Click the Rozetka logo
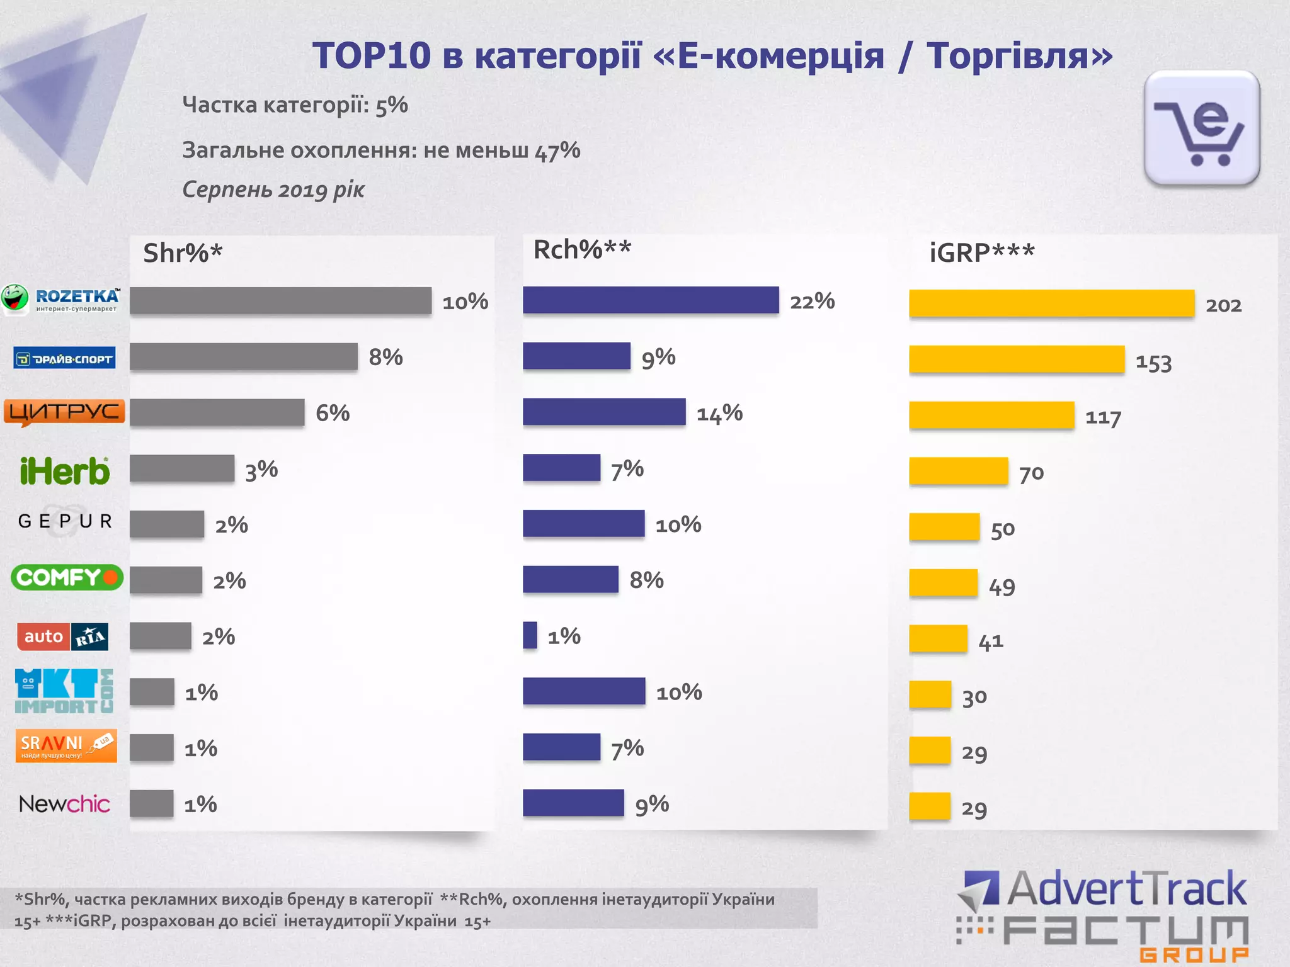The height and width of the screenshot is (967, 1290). click(x=61, y=299)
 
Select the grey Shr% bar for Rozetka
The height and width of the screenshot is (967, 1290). click(x=280, y=300)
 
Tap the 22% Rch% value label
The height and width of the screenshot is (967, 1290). click(x=812, y=301)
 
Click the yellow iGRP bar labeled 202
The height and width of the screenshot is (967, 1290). click(x=1051, y=303)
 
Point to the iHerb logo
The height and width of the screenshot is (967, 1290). click(x=64, y=471)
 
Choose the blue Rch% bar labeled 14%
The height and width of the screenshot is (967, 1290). click(x=603, y=412)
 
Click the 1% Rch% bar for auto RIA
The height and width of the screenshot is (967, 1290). click(x=530, y=635)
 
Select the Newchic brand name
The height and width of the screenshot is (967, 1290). click(x=64, y=804)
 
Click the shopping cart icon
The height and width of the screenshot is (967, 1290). click(x=1201, y=129)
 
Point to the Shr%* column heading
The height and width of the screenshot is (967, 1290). click(x=183, y=253)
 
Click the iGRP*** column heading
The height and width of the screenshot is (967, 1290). click(x=981, y=253)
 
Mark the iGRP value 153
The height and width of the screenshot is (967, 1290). click(x=1153, y=363)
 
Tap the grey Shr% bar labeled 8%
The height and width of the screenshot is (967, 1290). click(x=243, y=356)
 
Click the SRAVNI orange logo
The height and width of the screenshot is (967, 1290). click(x=66, y=746)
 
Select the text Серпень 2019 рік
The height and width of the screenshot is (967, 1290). click(x=273, y=189)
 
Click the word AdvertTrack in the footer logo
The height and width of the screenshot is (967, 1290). click(x=1126, y=889)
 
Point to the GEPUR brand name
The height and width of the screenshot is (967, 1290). click(x=66, y=521)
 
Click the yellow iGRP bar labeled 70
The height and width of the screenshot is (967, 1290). click(x=958, y=471)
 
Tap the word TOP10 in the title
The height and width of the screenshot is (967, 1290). click(x=371, y=55)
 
